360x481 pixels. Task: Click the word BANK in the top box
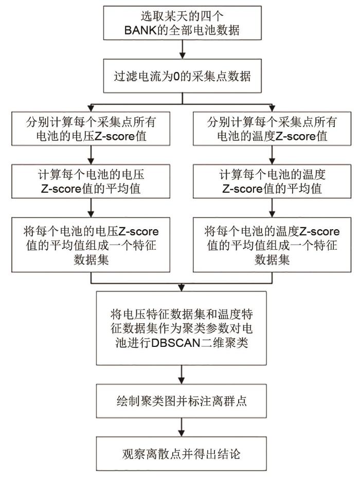pyautogui.click(x=140, y=30)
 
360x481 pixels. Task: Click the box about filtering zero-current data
pyautogui.click(x=182, y=76)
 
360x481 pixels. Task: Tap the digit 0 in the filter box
pyautogui.click(x=176, y=76)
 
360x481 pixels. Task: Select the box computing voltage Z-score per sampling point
pyautogui.click(x=91, y=128)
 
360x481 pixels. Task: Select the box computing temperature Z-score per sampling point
pyautogui.click(x=272, y=128)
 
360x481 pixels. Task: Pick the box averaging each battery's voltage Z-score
pyautogui.click(x=91, y=181)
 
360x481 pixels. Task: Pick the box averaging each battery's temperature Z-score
pyautogui.click(x=272, y=181)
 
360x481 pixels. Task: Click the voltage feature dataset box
pyautogui.click(x=91, y=245)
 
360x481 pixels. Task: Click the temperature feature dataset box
pyautogui.click(x=272, y=245)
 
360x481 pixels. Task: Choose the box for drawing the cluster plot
pyautogui.click(x=182, y=401)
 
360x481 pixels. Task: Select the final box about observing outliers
pyautogui.click(x=182, y=454)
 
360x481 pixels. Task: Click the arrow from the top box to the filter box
pyautogui.click(x=182, y=49)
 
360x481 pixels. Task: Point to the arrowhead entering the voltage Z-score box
pyautogui.click(x=91, y=108)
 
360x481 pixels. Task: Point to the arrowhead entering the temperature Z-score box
pyautogui.click(x=272, y=108)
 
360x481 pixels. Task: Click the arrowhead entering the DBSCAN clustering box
pyautogui.click(x=182, y=288)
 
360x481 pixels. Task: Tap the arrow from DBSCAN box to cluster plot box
pyautogui.click(x=182, y=375)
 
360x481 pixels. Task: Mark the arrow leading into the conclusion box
pyautogui.click(x=182, y=428)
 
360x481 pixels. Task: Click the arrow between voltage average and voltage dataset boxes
pyautogui.click(x=91, y=208)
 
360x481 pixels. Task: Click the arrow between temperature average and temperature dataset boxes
pyautogui.click(x=272, y=208)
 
